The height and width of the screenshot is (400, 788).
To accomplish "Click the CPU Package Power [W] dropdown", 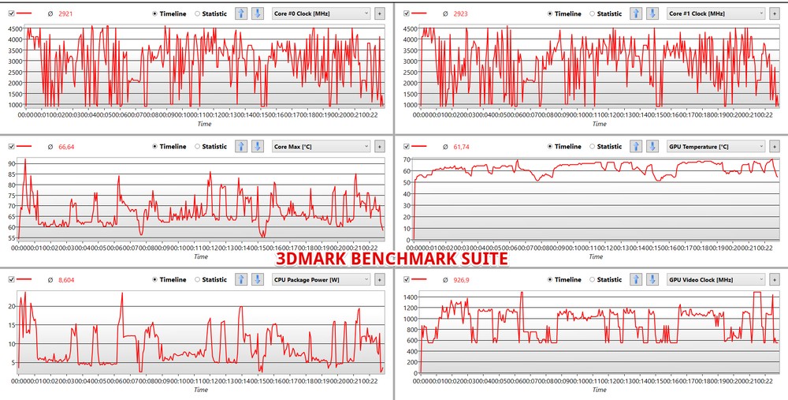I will (x=321, y=279).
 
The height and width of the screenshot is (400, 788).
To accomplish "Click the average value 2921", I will (x=66, y=13).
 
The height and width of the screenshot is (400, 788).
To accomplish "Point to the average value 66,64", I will (x=68, y=146).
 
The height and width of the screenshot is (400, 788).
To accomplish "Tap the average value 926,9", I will (x=463, y=279).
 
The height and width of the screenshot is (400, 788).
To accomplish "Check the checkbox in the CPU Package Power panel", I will (x=11, y=279).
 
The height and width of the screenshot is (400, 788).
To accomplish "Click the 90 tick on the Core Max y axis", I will (x=12, y=163).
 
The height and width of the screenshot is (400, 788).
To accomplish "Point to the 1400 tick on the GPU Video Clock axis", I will (x=409, y=296).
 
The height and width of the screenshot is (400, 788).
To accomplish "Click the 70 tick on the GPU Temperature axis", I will (x=407, y=159).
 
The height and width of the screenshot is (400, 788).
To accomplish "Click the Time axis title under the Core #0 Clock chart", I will (x=203, y=124).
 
